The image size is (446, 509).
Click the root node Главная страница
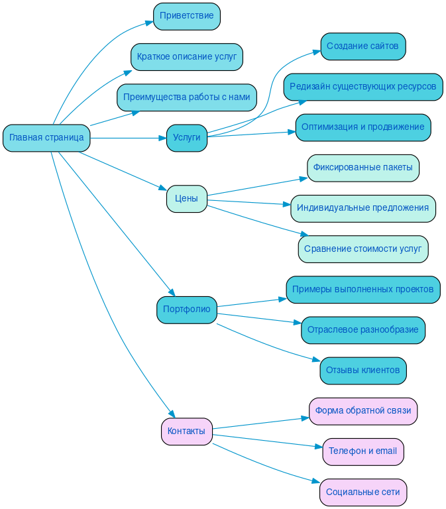[x=46, y=138]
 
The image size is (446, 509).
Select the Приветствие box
[x=186, y=17]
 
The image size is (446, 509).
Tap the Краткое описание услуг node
[x=186, y=57]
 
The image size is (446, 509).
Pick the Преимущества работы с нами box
[x=186, y=97]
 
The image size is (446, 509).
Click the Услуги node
[x=186, y=138]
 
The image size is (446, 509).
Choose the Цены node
[x=186, y=199]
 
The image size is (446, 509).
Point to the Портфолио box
[x=186, y=310]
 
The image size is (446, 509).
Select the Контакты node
[x=186, y=431]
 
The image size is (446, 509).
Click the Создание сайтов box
[x=362, y=46]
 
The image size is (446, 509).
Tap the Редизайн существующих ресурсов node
[x=362, y=87]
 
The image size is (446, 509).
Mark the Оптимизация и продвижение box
[x=362, y=127]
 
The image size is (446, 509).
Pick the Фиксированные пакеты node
[x=362, y=168]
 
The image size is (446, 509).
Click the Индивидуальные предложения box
[x=362, y=208]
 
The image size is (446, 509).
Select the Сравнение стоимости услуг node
[x=362, y=249]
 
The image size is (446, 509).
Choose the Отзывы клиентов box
[x=362, y=370]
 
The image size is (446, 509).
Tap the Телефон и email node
[x=362, y=451]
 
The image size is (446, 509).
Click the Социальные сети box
[x=362, y=492]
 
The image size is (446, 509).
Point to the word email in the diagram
[x=386, y=451]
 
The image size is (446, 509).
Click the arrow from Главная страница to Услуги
[x=126, y=138]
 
